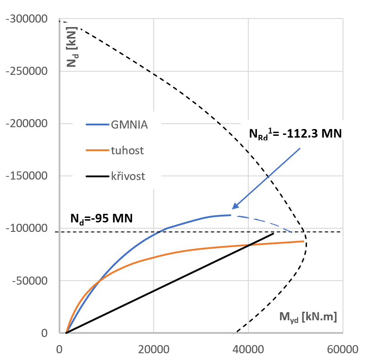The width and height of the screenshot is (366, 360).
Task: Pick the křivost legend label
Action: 128,176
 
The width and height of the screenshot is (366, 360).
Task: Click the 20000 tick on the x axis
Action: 154,349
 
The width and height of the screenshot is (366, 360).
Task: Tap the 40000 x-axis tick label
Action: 248,349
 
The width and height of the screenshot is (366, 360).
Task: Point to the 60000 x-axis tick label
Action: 343,349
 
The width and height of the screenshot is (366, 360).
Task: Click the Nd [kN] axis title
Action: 72,47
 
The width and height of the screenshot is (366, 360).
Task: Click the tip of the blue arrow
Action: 233,208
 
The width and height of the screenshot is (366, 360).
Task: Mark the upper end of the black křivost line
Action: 273,233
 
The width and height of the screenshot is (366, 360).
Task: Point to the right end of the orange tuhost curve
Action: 304,241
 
